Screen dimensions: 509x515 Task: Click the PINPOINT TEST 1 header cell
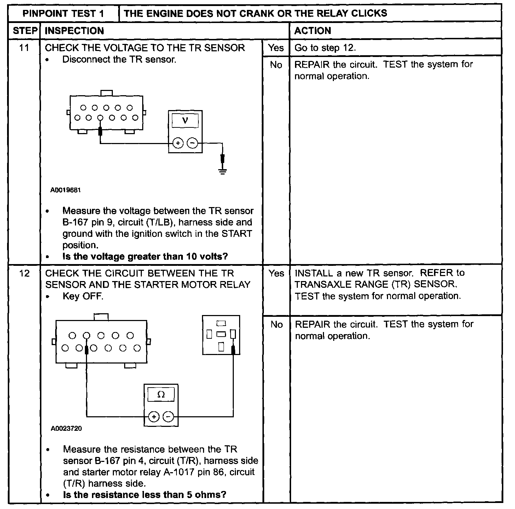pyautogui.click(x=63, y=14)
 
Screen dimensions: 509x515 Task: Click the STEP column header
pyautogui.click(x=25, y=31)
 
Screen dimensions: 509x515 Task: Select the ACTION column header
pyautogui.click(x=313, y=31)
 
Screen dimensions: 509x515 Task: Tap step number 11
pyautogui.click(x=24, y=47)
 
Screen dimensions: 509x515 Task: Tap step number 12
pyautogui.click(x=24, y=273)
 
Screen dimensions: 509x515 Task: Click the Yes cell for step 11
pyautogui.click(x=276, y=47)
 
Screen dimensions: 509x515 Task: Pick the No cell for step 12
pyautogui.click(x=276, y=325)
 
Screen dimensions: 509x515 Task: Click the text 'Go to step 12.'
pyautogui.click(x=325, y=48)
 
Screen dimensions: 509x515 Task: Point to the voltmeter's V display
pyautogui.click(x=185, y=121)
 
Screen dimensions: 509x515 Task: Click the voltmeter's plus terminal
pyautogui.click(x=178, y=143)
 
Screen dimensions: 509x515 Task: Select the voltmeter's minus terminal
pyautogui.click(x=192, y=143)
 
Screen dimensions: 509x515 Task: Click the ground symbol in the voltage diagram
pyautogui.click(x=222, y=172)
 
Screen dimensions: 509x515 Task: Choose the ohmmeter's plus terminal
pyautogui.click(x=154, y=417)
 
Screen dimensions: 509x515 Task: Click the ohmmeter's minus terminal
pyautogui.click(x=168, y=417)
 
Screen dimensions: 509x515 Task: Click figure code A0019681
pyautogui.click(x=66, y=190)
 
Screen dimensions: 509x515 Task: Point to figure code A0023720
pyautogui.click(x=66, y=429)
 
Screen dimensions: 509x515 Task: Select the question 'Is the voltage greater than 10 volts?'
pyautogui.click(x=145, y=256)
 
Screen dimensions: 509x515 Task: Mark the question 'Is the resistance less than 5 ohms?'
pyautogui.click(x=145, y=494)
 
